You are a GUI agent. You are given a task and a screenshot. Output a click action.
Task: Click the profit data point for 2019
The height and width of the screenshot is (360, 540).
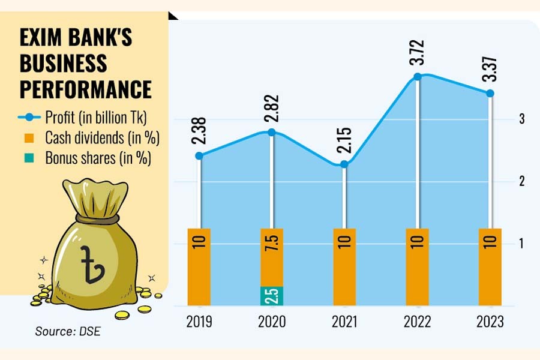[x=200, y=155]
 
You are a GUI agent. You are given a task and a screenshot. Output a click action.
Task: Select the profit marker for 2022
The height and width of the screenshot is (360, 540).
[x=418, y=77]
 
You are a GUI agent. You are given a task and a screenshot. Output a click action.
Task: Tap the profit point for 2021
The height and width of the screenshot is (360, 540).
[x=344, y=164]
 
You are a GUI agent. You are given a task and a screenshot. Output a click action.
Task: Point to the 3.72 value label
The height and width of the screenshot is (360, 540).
[x=418, y=53]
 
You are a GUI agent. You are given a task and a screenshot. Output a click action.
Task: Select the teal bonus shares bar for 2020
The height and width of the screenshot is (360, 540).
[x=272, y=296]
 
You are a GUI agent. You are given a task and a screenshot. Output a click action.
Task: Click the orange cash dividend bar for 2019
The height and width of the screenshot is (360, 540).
[x=199, y=266]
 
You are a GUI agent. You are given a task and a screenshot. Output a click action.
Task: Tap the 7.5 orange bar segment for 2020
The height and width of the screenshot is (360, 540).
[x=272, y=257]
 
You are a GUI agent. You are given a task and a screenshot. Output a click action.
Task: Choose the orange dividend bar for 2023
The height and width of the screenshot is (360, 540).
[x=490, y=266]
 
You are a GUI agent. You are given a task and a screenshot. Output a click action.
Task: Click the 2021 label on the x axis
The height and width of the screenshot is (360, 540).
[x=344, y=322]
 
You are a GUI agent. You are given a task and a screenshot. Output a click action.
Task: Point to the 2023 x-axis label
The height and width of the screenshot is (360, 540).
[x=490, y=322]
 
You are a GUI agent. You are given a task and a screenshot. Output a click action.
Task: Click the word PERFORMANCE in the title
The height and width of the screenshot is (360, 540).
[x=85, y=89]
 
